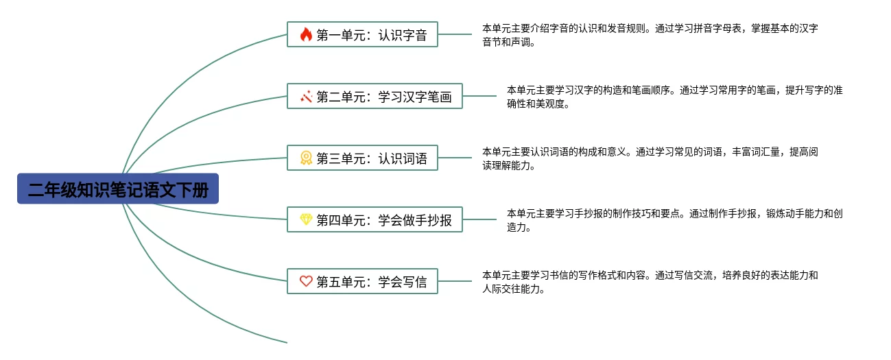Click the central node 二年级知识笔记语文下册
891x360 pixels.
coord(118,189)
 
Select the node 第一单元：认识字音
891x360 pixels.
coord(362,34)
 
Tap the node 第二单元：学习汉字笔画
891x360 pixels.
coord(375,97)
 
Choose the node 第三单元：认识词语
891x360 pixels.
coord(362,158)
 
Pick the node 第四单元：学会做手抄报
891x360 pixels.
coord(375,219)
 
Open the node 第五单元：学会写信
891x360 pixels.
coord(362,281)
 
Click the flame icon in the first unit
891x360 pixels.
coord(306,34)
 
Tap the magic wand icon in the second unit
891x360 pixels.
coord(306,97)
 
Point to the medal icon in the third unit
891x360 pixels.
coord(306,158)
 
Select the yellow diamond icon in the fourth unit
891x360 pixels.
coord(306,219)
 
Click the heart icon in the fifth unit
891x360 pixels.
coord(306,281)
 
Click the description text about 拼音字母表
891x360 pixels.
coord(650,35)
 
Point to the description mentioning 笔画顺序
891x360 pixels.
coord(674,97)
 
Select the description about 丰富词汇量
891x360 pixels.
coord(650,158)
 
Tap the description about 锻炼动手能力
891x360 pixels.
coord(674,220)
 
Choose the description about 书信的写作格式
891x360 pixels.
coord(650,282)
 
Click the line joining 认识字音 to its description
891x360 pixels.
coord(455,34)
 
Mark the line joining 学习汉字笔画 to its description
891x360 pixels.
coord(479,96)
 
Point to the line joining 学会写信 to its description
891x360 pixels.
coord(455,280)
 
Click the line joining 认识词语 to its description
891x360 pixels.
coord(455,158)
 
